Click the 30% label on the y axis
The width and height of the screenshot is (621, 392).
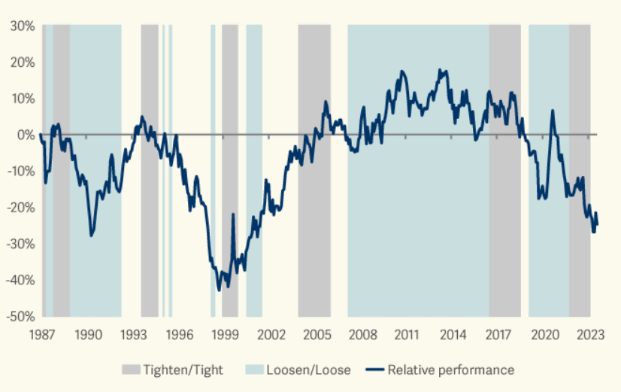[x=23, y=26]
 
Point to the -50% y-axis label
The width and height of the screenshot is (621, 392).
[x=20, y=316]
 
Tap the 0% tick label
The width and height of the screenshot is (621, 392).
[x=26, y=135]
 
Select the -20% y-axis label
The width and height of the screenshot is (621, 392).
[x=20, y=208]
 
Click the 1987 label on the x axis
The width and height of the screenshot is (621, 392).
[x=42, y=335]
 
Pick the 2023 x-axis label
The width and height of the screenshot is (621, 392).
[x=590, y=335]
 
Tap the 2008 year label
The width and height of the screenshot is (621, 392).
[x=362, y=335]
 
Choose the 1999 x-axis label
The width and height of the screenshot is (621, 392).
[x=225, y=335]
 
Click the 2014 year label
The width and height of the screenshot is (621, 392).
[x=453, y=335]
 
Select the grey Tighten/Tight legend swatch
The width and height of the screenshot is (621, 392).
[x=131, y=369]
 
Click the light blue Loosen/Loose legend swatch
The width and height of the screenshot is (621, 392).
[x=254, y=369]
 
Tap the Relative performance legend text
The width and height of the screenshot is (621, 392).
[x=450, y=369]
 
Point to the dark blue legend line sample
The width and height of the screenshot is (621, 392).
[x=374, y=369]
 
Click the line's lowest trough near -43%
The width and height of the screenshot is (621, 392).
[x=219, y=290]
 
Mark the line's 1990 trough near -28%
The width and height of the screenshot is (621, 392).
[x=91, y=236]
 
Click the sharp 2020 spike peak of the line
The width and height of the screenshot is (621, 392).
[x=552, y=111]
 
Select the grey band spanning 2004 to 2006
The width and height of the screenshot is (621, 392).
[x=314, y=171]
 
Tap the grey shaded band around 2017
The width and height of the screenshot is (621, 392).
[x=504, y=171]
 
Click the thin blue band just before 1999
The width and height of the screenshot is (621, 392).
[x=213, y=171]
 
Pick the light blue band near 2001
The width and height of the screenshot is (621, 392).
[x=254, y=171]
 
